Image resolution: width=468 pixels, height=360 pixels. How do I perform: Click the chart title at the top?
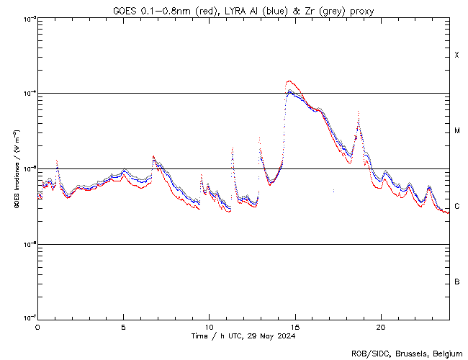click(243, 11)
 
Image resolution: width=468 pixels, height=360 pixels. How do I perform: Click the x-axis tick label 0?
click(37, 326)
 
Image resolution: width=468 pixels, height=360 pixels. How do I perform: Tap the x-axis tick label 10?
click(209, 326)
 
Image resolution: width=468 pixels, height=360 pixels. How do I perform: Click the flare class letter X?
click(457, 55)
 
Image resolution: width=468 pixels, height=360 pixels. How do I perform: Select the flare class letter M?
click(457, 131)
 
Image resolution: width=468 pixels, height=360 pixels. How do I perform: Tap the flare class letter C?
click(457, 207)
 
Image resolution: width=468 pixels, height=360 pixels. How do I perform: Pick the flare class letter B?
click(457, 282)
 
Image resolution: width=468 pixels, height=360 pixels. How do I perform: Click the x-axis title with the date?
click(243, 336)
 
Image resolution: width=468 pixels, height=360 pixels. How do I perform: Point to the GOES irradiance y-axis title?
click(15, 169)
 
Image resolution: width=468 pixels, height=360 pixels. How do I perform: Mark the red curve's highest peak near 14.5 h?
click(289, 81)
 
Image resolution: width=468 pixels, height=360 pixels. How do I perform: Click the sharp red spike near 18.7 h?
click(358, 112)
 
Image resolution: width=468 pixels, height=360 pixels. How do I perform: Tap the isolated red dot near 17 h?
click(333, 191)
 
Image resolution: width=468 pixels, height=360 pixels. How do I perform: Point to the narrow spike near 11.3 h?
click(232, 149)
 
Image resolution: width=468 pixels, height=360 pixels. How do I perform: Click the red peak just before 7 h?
click(153, 156)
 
